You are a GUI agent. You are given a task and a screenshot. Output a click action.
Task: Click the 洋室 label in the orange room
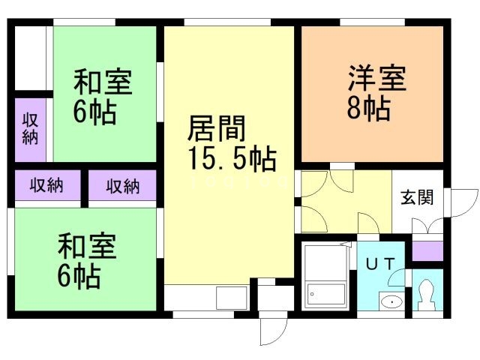point(376,79)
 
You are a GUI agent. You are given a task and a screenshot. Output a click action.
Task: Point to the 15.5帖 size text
point(231,159)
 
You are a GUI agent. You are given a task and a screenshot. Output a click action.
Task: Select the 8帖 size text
point(367,109)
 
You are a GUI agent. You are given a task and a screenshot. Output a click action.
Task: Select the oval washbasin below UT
point(391,301)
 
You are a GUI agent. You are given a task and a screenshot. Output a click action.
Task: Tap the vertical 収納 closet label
point(31,128)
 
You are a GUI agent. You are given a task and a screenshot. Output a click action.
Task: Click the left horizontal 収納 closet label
point(46,186)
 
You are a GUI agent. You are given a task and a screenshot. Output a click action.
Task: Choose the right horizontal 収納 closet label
point(122,186)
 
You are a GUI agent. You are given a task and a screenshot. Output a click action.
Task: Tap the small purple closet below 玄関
point(427,250)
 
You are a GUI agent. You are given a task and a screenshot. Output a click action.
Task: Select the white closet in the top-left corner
point(30,58)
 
